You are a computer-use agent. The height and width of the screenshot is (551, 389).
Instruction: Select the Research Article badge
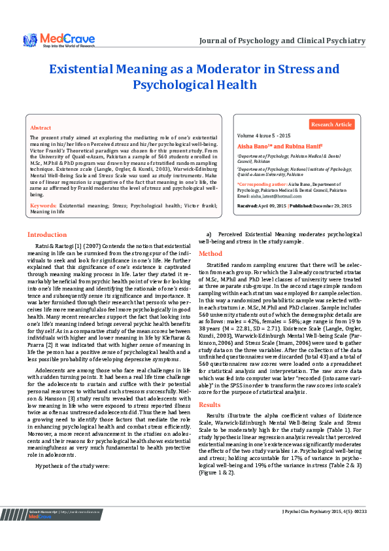(331, 124)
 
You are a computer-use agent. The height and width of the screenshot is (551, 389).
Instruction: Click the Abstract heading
(41, 128)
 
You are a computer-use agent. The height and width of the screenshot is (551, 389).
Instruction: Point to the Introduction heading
(46, 234)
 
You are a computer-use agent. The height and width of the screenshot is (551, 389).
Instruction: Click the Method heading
(211, 253)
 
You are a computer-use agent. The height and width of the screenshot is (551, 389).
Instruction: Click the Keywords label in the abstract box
(43, 205)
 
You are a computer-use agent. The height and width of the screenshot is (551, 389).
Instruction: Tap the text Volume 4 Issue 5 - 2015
(263, 135)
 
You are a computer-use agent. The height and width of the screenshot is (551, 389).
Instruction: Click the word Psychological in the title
(195, 85)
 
